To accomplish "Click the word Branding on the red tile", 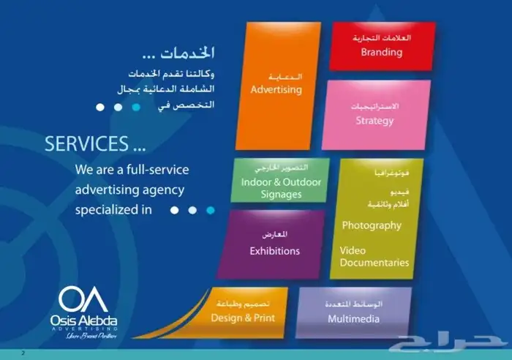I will [382, 52].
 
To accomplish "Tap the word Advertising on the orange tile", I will [276, 90].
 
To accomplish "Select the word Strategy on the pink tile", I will [374, 121].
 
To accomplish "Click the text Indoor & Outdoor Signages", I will [270, 188].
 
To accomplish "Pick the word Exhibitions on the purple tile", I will [274, 251].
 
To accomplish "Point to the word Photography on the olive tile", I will [372, 225].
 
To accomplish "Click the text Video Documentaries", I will [374, 256].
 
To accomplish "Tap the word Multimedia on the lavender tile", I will [353, 319].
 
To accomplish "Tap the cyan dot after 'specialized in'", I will [211, 210].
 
